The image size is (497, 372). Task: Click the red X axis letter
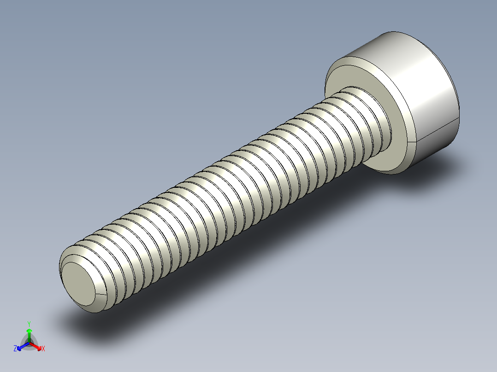43,349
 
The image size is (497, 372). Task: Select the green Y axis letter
29,324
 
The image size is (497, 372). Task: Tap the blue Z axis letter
15,349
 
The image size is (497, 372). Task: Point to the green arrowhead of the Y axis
29,330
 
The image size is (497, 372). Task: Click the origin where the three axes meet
29,343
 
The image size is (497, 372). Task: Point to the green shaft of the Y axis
29,337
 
